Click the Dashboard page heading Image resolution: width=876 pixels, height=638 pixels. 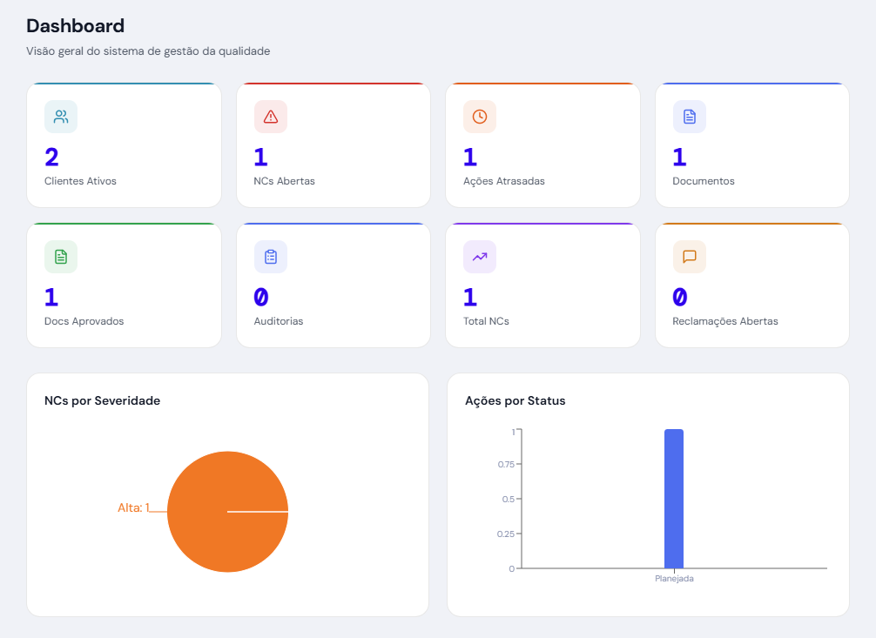coord(76,26)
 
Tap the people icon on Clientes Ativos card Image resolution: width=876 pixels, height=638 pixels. coord(61,117)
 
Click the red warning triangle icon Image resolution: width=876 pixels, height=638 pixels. coord(270,117)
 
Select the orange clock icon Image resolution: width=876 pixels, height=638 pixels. coord(480,117)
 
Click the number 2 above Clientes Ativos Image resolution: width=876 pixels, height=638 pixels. coord(51,158)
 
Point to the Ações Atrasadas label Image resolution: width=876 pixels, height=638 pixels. coord(504,181)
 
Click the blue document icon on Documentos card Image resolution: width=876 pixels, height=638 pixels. coord(689,117)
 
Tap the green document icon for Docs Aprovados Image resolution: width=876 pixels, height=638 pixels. coord(61,257)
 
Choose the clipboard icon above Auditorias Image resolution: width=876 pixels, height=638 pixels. coord(270,257)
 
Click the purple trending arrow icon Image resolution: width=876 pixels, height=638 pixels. coord(480,257)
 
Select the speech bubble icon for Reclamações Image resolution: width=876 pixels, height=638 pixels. coord(689,257)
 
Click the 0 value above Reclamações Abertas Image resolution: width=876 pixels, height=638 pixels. coord(680,298)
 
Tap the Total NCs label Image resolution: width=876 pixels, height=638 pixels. coord(486,321)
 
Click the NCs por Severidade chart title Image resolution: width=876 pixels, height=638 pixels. coord(102,400)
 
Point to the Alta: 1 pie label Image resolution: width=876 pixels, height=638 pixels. coord(133,507)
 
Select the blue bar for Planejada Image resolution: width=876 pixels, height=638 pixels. coord(674,499)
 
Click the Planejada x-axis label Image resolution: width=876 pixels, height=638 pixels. coord(674,578)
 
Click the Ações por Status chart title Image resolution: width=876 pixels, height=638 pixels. coord(515,400)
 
